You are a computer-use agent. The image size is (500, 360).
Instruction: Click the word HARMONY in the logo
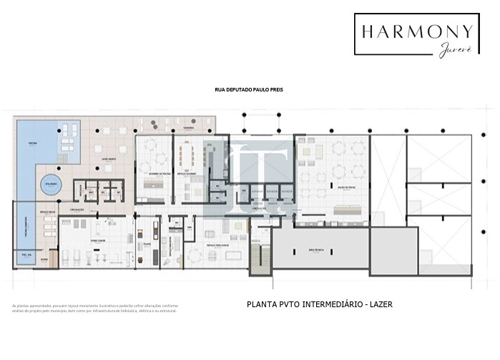[416, 31]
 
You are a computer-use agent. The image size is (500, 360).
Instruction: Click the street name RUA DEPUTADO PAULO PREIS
[249, 91]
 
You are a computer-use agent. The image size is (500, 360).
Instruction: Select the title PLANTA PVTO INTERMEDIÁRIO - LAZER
[319, 304]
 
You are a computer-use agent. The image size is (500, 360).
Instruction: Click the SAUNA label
[44, 260]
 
